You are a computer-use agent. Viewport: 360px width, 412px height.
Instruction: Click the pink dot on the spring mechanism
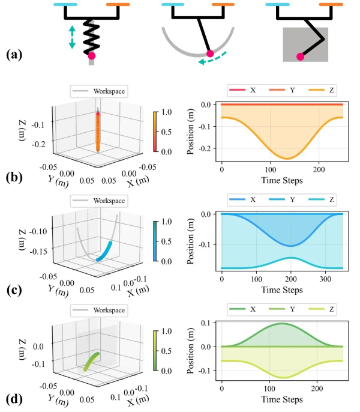(x=92, y=56)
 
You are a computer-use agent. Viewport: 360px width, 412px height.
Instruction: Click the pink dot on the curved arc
(x=210, y=55)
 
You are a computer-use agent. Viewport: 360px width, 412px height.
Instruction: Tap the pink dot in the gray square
(x=300, y=57)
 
